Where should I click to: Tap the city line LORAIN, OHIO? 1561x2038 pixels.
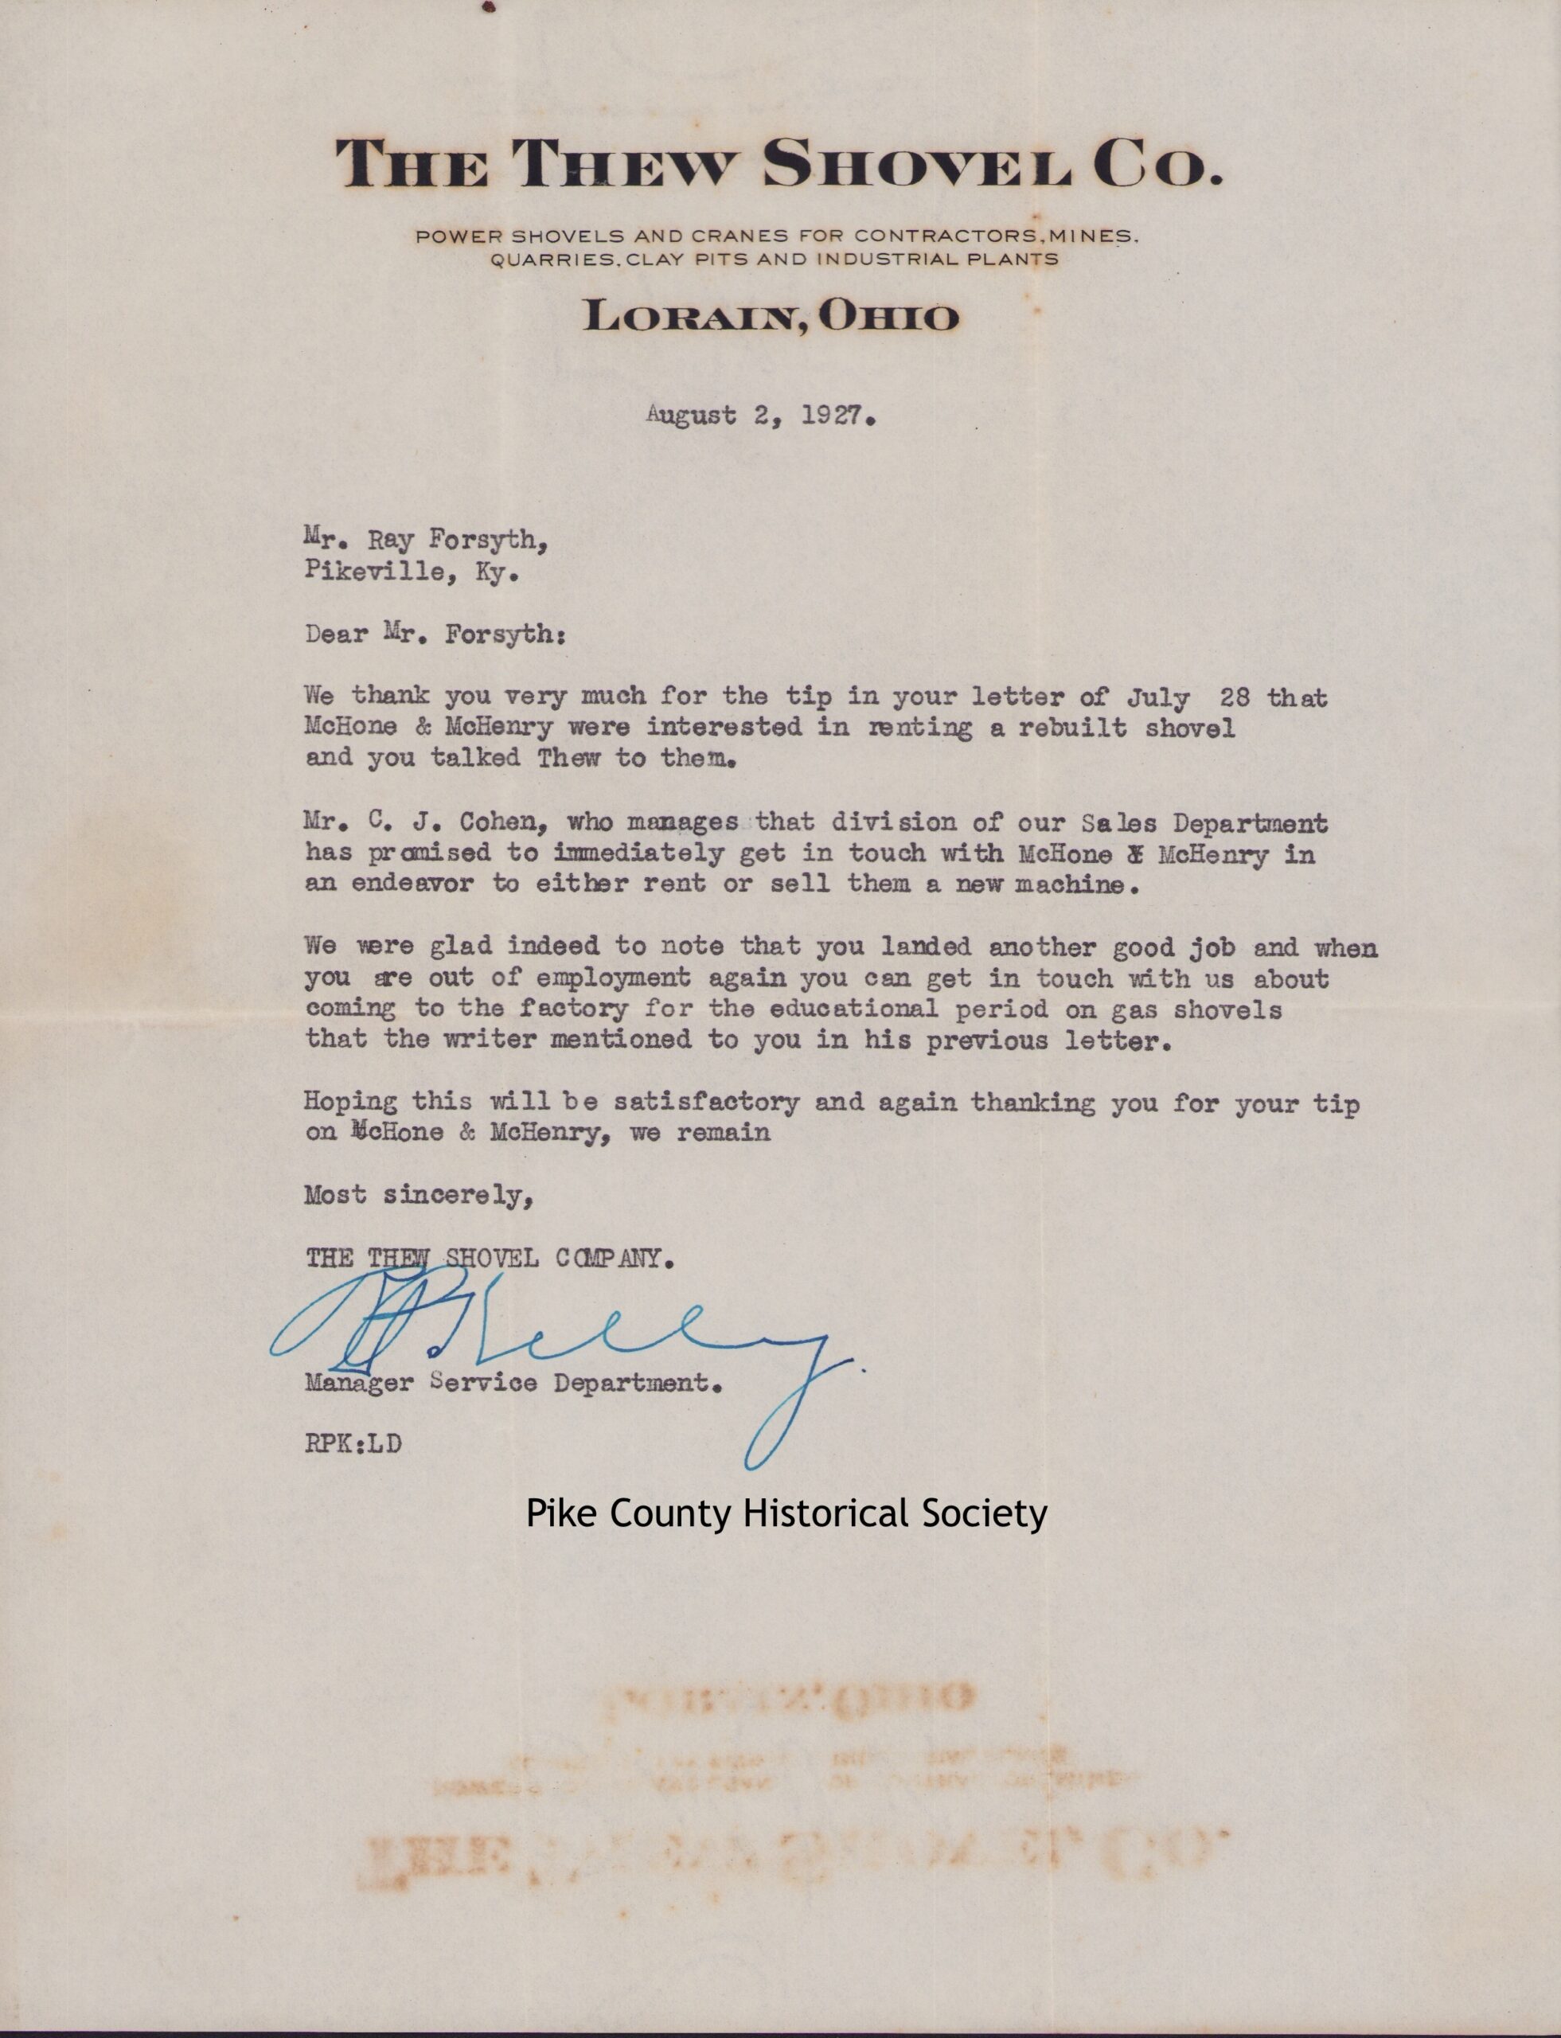click(x=771, y=317)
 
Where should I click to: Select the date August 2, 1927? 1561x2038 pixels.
click(x=761, y=416)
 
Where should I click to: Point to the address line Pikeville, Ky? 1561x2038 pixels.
click(x=410, y=572)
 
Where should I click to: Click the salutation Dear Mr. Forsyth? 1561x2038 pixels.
click(x=434, y=634)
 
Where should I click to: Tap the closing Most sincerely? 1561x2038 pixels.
click(x=418, y=1195)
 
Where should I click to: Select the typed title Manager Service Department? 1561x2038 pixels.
click(x=513, y=1383)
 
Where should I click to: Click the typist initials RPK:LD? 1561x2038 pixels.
click(x=353, y=1444)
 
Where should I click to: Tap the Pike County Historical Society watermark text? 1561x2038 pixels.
click(x=786, y=1514)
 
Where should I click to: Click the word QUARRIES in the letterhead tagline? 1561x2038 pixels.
click(x=554, y=260)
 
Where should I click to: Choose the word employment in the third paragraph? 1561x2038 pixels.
click(x=612, y=978)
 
